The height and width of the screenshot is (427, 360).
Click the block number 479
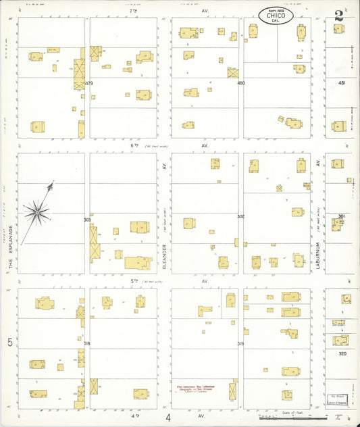coord(88,83)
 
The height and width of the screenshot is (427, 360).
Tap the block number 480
coord(240,83)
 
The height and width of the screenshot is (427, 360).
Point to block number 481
coord(342,83)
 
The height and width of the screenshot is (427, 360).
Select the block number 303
coord(86,220)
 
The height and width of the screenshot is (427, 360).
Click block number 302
coord(240,216)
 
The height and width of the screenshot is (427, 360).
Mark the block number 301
coord(342,216)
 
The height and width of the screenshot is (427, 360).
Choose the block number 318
coord(86,344)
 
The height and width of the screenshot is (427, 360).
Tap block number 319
coord(240,344)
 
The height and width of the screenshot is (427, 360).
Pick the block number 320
coord(342,353)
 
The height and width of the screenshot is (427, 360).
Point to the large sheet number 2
coord(338,15)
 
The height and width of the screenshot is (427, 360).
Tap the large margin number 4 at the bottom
coord(168,418)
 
